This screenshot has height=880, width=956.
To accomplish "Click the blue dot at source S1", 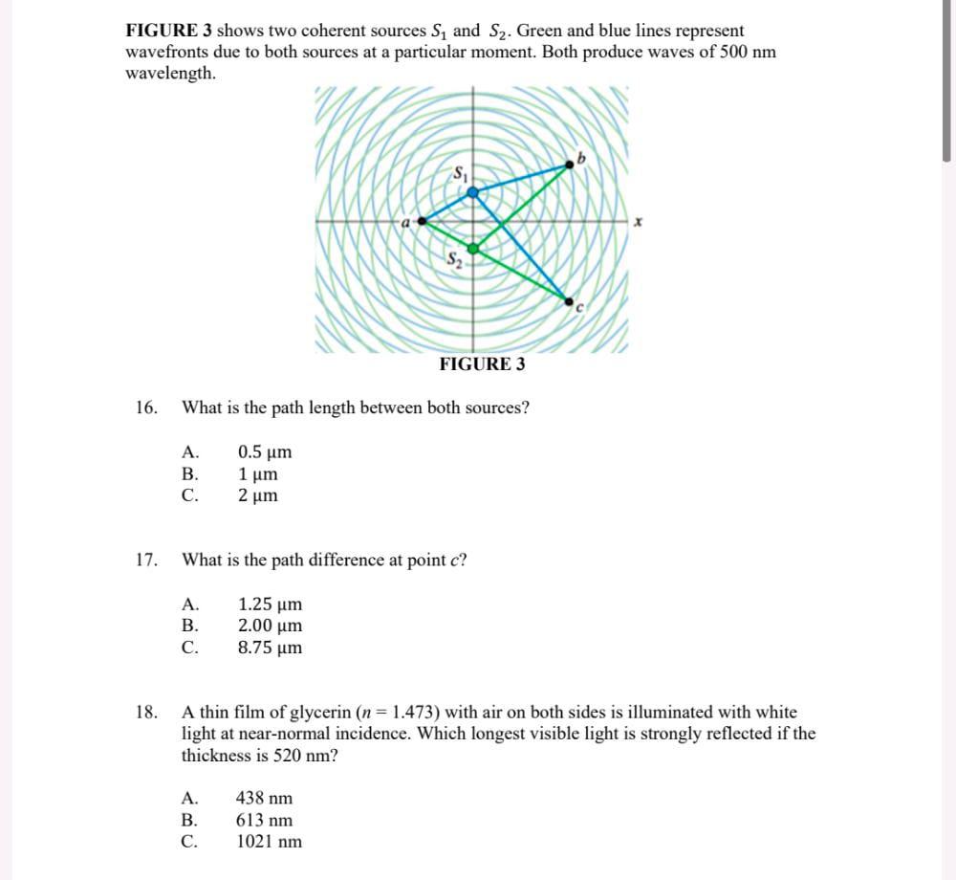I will [x=472, y=192].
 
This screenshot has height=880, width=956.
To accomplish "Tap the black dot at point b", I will [x=572, y=165].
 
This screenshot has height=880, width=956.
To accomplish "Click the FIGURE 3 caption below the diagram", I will [x=482, y=364].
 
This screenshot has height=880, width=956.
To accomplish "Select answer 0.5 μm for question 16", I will [x=265, y=452].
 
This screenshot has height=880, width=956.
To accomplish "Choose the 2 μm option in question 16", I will [x=258, y=495].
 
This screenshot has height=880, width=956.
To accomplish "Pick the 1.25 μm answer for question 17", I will [x=270, y=605].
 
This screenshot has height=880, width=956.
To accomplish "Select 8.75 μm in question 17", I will [x=270, y=648].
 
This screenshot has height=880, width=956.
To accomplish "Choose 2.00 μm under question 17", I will [x=270, y=626].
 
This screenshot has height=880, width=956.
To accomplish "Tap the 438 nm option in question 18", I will [x=265, y=799].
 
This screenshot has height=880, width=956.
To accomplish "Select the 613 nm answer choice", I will [x=265, y=821].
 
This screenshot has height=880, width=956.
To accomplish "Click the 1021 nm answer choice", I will [x=269, y=842].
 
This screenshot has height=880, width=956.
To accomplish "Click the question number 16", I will [x=146, y=408].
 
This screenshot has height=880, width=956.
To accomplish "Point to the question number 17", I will [x=146, y=561].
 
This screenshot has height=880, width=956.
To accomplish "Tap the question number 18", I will [x=146, y=713].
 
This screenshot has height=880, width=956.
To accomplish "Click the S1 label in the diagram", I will [x=462, y=174].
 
